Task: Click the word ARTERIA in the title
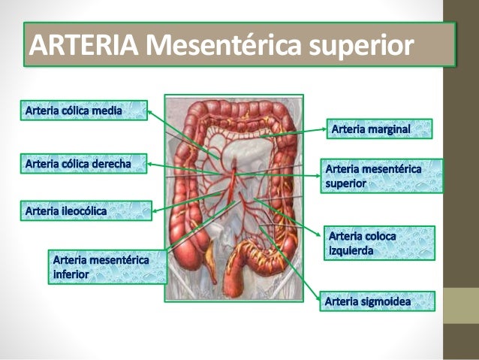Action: [x=83, y=47]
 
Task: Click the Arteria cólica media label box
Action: [x=82, y=111]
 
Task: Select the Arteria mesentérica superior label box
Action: [x=381, y=175]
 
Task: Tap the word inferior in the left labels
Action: [x=71, y=275]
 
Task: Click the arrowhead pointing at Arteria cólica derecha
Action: [x=149, y=163]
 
